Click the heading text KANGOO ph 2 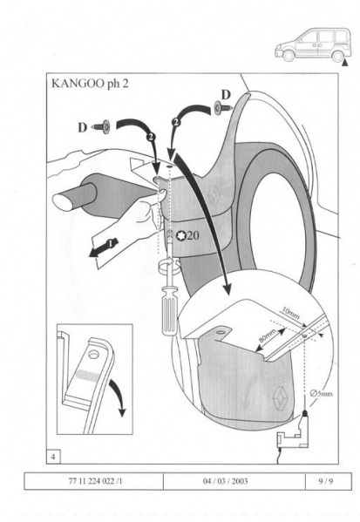click(x=90, y=84)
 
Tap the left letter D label click(x=82, y=127)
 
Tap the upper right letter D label click(x=226, y=95)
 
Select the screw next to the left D click(x=102, y=126)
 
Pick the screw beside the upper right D click(x=224, y=108)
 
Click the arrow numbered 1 click(x=104, y=247)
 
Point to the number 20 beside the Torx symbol click(x=193, y=235)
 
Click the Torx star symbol click(x=181, y=235)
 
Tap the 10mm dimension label click(x=290, y=313)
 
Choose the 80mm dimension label click(x=268, y=336)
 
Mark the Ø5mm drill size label click(x=321, y=393)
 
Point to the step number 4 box click(x=54, y=457)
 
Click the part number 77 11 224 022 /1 click(x=96, y=481)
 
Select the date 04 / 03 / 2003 click(x=226, y=481)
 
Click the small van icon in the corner click(x=313, y=44)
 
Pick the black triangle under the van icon click(x=345, y=63)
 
